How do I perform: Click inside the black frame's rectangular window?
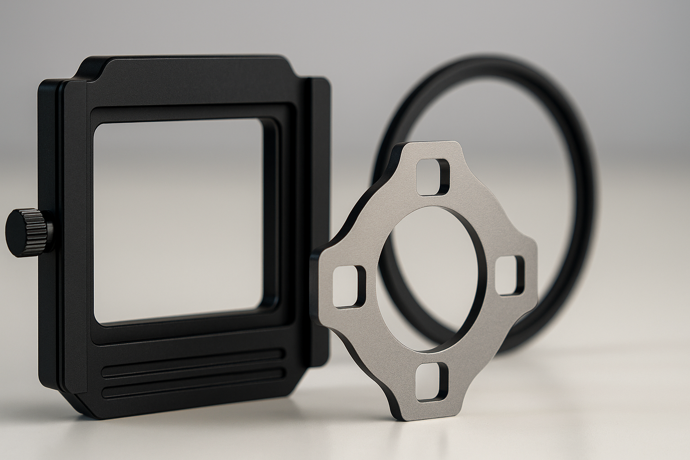[180, 220]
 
